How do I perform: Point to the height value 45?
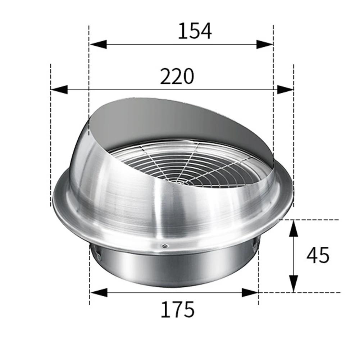point(318,256)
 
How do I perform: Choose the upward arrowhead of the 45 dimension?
point(294,228)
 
